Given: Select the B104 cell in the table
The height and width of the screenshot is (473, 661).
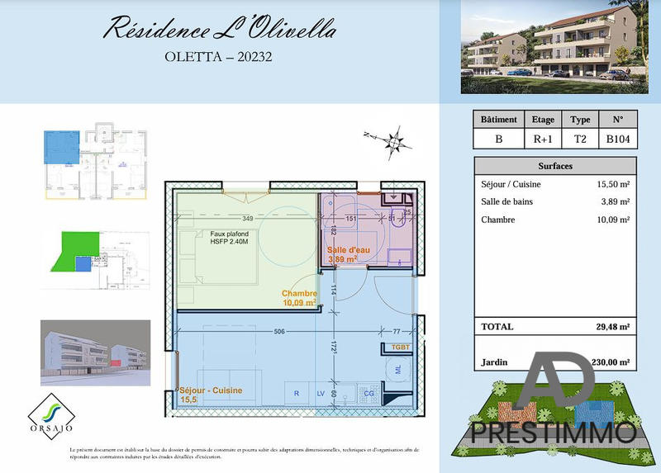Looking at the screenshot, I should click(x=618, y=139).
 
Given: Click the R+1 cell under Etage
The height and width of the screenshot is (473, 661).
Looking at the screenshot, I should click(x=543, y=139).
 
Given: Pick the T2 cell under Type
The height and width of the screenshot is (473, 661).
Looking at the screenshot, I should click(x=580, y=139).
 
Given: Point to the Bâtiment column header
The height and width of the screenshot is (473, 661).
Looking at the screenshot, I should click(x=498, y=120).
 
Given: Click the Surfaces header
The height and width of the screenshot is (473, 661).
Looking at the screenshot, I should click(x=555, y=165).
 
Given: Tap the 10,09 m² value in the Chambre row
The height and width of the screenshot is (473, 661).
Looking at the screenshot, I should click(x=612, y=220).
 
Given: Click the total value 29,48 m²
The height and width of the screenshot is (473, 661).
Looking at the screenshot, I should click(x=611, y=327).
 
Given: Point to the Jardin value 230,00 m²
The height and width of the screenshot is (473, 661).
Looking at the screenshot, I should click(x=611, y=362).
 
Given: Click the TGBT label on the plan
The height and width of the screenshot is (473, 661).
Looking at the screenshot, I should click(x=402, y=346).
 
